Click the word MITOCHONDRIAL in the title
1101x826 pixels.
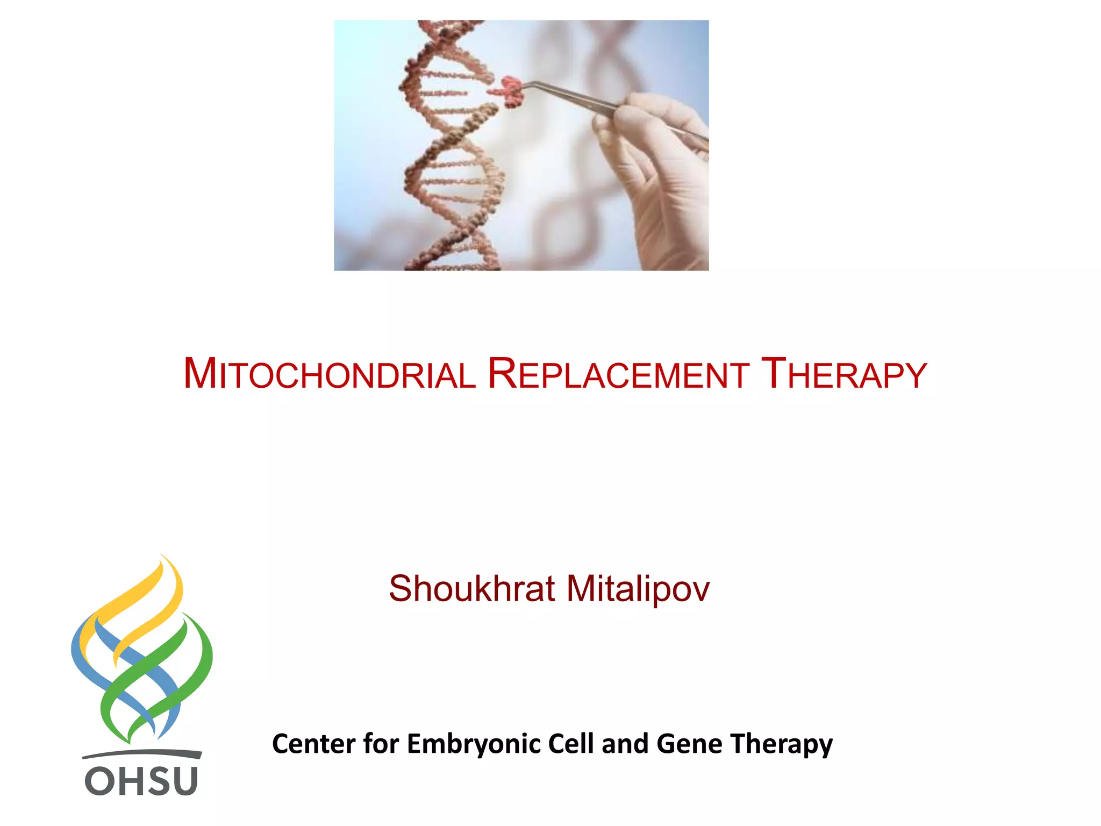[329, 374]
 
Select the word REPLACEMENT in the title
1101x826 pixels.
[618, 374]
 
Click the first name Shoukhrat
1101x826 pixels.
[471, 589]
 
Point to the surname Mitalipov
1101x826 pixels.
[638, 589]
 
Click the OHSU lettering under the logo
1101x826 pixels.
[141, 781]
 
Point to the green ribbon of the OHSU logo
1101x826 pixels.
[183, 678]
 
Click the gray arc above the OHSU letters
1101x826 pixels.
[142, 753]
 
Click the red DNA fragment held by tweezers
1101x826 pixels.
[511, 90]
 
